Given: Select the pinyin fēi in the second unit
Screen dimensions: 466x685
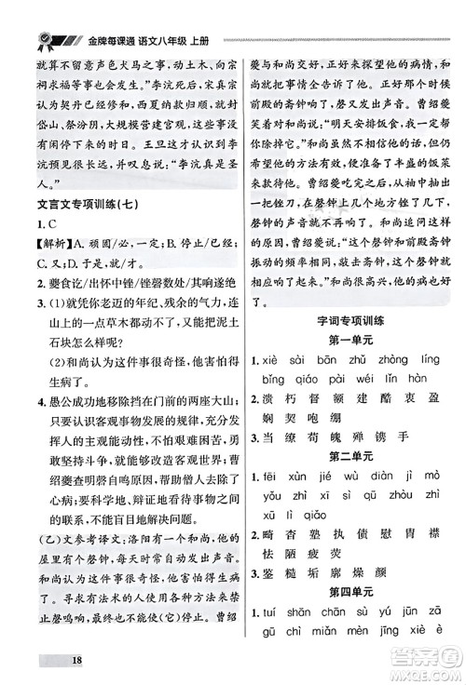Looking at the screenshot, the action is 276,477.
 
